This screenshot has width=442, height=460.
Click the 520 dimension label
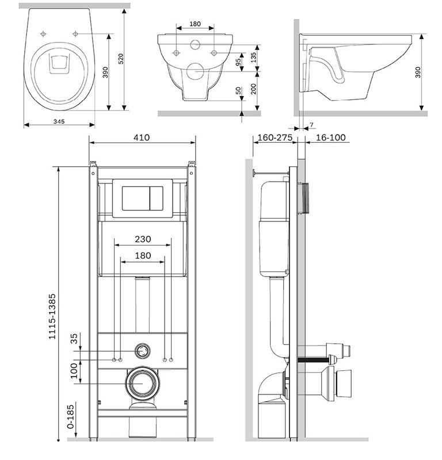point(121,59)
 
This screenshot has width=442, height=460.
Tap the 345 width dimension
point(59,121)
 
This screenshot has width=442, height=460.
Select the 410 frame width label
point(142,137)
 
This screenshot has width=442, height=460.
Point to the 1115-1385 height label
point(52,317)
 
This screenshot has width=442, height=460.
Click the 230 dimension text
point(143,239)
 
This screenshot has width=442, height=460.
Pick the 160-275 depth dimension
point(275,137)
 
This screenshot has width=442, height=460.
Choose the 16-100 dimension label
point(331,137)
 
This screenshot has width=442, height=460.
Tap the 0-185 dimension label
point(71,417)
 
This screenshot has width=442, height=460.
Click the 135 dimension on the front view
point(254,57)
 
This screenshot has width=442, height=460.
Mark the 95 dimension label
point(238,62)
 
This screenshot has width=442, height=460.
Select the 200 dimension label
point(253,89)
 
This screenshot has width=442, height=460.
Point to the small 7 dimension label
point(311,125)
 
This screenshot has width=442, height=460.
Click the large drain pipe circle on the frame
point(143,384)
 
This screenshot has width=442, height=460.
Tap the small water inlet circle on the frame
point(143,351)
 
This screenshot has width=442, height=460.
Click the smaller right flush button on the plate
point(157,198)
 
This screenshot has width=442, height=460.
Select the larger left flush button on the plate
point(136,198)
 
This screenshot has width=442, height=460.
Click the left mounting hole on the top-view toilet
point(43,34)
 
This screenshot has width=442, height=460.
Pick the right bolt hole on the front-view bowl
point(214,53)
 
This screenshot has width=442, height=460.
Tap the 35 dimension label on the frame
point(74,339)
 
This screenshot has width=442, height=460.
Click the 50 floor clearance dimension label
point(238,91)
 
